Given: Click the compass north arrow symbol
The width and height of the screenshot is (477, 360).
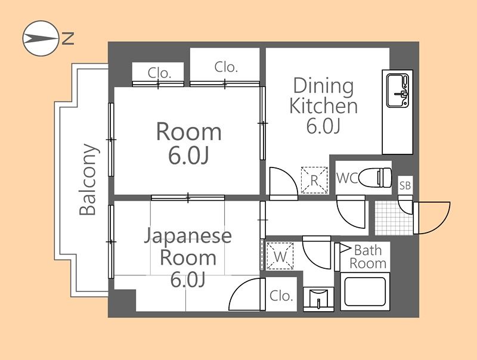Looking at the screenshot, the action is tap(41, 38).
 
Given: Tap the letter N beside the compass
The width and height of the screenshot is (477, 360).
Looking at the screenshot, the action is tap(68, 38).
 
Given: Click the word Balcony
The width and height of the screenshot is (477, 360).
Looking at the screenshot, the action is tap(89, 179).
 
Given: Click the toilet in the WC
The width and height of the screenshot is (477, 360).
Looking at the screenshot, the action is tap(376, 178).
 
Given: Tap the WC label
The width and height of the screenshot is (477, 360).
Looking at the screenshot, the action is tap(347, 178).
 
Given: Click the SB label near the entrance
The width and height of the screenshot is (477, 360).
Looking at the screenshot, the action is tap(405, 185).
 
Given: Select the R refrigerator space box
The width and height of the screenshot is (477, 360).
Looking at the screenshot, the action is tap(315, 180).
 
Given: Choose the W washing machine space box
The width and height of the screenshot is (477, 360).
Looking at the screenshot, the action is tap(280, 256).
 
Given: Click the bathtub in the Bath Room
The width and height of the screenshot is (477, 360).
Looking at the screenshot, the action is tap(365, 291).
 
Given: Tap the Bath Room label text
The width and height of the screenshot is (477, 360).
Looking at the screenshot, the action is tap(368, 257).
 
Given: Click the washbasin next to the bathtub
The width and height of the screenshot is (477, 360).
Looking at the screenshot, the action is tap(318, 299).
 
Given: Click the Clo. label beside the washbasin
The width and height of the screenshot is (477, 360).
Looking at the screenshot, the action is tap(281, 296).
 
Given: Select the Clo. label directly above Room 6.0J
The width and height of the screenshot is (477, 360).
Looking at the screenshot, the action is tap(159, 73).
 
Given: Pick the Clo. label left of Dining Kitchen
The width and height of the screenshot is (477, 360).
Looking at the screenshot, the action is tap(226, 67).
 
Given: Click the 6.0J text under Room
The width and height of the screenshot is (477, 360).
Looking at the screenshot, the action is tap(188, 156).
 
